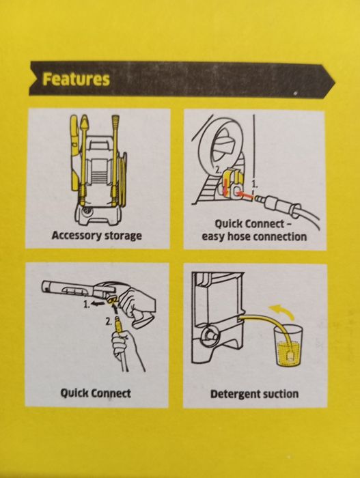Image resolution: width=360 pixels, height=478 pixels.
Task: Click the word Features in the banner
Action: [76, 79]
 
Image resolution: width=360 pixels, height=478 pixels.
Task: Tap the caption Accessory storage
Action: [97, 236]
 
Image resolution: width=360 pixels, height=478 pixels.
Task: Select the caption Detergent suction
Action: [254, 394]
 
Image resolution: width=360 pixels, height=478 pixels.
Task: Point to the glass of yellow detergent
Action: [287, 345]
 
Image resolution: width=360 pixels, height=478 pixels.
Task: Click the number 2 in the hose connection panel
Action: [218, 170]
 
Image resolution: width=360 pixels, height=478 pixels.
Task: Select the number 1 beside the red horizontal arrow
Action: [255, 184]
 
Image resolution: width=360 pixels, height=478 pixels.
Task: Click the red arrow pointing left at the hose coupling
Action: [245, 194]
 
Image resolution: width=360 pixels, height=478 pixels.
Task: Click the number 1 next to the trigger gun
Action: [87, 304]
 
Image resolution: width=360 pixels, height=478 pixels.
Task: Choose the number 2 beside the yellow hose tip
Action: [108, 322]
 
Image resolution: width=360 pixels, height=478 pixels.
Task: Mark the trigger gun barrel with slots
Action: [66, 288]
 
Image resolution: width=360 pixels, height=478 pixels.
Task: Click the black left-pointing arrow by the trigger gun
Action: [97, 304]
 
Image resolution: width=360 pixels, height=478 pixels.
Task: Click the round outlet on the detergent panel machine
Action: [209, 333]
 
